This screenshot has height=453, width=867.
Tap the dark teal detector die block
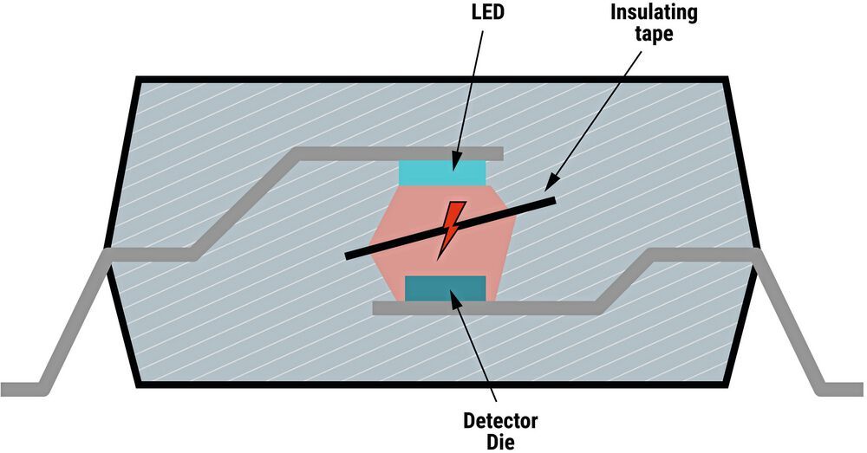[445, 288]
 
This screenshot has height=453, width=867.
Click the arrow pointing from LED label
[466, 95]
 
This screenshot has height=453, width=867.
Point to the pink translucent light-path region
[399, 217]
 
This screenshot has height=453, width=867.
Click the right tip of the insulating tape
[551, 200]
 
